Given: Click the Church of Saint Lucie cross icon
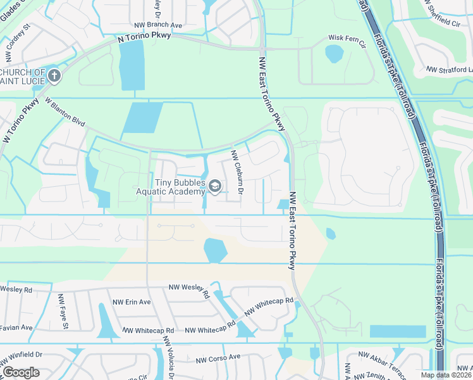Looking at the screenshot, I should (x=54, y=76).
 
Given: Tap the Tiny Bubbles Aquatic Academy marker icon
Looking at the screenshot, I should (x=215, y=186).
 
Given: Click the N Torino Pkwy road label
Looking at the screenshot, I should (x=145, y=37).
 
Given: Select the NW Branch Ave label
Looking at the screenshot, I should (x=159, y=25).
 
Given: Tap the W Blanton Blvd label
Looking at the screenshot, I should (x=64, y=111).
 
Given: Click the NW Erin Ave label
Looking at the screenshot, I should (x=130, y=302).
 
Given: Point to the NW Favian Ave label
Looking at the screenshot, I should (x=16, y=327).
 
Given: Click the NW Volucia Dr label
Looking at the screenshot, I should (x=168, y=358).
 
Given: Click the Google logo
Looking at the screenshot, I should (x=21, y=372).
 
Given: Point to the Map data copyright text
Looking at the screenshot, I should (x=446, y=375).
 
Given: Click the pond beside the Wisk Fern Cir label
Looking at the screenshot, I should (x=334, y=54).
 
